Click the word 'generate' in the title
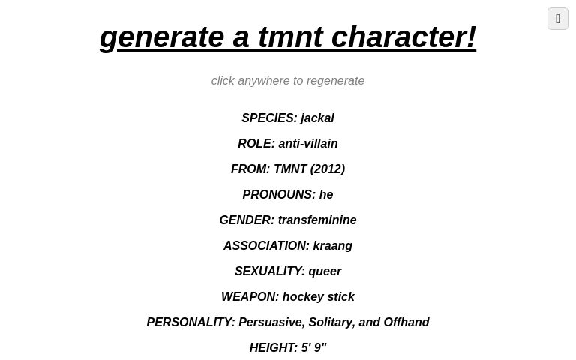161,37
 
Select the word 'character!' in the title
403,37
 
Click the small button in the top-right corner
558,19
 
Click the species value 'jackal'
317,118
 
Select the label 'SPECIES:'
269,118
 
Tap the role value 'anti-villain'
308,143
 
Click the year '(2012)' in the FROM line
328,169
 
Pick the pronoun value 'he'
326,194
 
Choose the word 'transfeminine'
317,220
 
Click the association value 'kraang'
332,245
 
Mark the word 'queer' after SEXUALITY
325,271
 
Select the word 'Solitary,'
331,322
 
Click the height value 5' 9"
314,347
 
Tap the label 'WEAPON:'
250,296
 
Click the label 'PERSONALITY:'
190,322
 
